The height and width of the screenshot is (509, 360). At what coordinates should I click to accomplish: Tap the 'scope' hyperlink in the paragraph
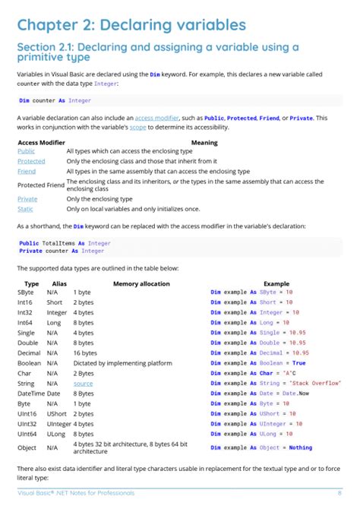[x=201, y=126]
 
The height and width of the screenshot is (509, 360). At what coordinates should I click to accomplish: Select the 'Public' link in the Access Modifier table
[x=26, y=151]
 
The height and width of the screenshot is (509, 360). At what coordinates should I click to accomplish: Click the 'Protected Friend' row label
[x=40, y=185]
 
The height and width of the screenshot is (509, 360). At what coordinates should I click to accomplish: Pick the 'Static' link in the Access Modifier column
[x=25, y=209]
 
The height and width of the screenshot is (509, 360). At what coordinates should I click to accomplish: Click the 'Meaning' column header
[x=204, y=142]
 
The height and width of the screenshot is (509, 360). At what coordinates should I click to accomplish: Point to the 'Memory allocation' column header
[x=141, y=283]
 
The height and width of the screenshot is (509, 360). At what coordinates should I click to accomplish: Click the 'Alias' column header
[x=58, y=283]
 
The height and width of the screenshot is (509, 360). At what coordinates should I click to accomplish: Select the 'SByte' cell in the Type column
[x=25, y=292]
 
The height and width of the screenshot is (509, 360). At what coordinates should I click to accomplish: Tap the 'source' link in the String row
[x=83, y=384]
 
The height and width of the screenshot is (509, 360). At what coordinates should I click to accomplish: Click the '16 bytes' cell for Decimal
[x=86, y=353]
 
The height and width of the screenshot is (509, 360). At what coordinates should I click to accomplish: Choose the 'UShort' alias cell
[x=57, y=414]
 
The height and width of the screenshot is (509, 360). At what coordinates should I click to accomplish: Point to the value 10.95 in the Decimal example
[x=300, y=353]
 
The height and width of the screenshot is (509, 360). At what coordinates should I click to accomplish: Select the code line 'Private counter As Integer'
[x=62, y=251]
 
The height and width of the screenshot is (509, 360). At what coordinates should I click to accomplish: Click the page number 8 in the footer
[x=339, y=494]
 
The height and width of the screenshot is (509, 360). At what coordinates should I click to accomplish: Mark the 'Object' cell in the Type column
[x=27, y=447]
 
